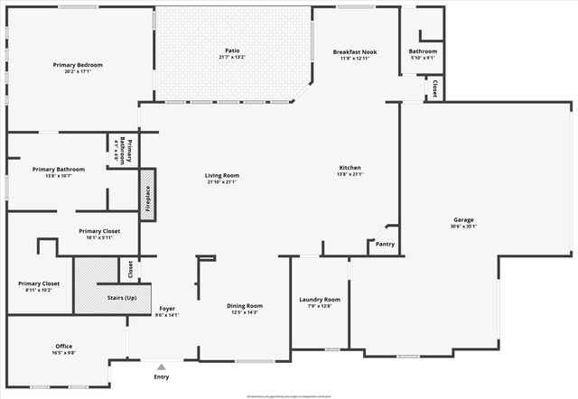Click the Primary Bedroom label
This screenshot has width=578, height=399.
[77, 65]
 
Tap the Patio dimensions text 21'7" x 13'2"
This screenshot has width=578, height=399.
[232, 57]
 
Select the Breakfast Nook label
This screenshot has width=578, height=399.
[354, 51]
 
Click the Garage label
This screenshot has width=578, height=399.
[464, 219]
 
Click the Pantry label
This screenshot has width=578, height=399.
[384, 244]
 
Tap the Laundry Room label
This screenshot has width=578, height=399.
[320, 299]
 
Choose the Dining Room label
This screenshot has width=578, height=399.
[244, 305]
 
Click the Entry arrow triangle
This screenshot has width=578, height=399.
[161, 367]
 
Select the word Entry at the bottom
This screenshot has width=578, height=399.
[162, 379]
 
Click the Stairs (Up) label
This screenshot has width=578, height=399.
[122, 297]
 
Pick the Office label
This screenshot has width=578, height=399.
[63, 346]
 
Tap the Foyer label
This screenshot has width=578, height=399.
[167, 309]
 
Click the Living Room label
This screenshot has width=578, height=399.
[221, 175]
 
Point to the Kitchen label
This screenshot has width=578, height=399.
[350, 168]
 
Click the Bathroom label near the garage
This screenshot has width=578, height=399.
[423, 51]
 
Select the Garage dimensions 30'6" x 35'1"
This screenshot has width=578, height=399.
[464, 227]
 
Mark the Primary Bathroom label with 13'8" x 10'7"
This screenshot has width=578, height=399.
[59, 169]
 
